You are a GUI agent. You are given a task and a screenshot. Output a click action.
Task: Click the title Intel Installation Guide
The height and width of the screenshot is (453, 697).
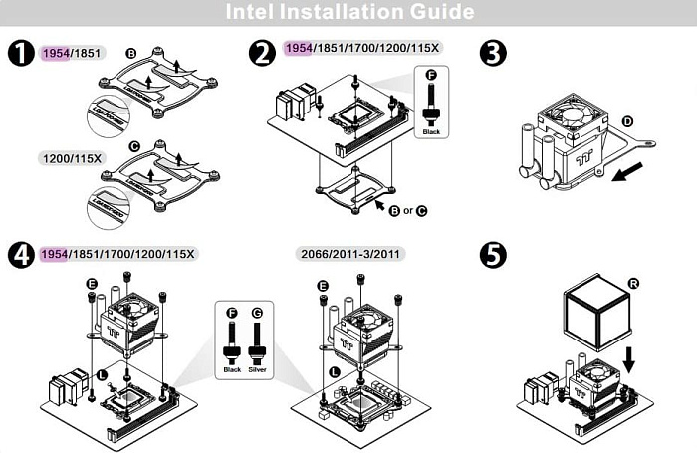click(x=348, y=13)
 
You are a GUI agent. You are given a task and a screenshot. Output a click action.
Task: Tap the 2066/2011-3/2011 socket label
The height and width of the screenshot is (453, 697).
click(x=351, y=254)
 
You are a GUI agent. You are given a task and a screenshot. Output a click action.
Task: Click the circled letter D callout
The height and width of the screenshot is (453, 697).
click(x=627, y=120)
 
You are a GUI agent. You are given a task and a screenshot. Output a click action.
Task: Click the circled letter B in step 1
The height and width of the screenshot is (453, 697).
click(x=131, y=52)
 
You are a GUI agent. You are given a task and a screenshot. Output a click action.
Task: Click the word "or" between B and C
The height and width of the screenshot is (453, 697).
click(x=408, y=210)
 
